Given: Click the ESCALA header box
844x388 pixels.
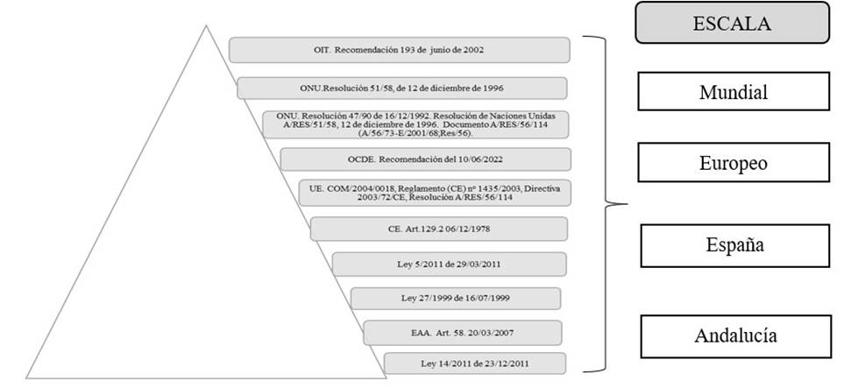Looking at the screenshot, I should (x=732, y=23).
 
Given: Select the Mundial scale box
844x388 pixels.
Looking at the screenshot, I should (x=733, y=91).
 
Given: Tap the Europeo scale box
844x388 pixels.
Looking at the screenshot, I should (x=733, y=162).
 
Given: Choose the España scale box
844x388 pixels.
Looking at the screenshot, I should (x=734, y=245).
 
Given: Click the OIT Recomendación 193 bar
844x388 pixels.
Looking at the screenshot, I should (x=399, y=49).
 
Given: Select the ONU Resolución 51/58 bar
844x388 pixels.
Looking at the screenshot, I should (x=401, y=88).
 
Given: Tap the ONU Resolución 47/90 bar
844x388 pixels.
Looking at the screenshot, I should (x=415, y=123).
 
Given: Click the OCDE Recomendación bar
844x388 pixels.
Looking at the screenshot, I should (x=425, y=159).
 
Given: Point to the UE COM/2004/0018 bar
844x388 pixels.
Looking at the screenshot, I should (x=435, y=193).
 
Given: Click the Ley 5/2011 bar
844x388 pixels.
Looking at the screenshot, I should (x=448, y=264).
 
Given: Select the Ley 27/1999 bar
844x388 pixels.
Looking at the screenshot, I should (x=455, y=298).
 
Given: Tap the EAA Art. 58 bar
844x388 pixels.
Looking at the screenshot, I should (x=461, y=333).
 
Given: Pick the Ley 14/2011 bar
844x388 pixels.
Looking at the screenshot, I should (x=473, y=363).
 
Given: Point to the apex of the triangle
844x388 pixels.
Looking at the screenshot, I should (x=205, y=27).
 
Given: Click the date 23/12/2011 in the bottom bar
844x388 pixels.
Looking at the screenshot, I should (x=513, y=363).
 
